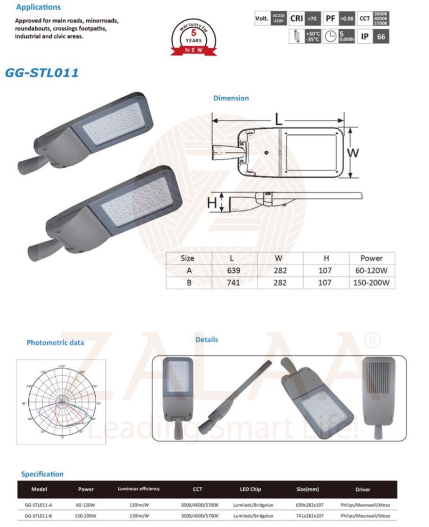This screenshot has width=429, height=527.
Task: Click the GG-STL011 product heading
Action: tap(42, 73)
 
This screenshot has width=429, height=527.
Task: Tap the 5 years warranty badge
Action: tap(193, 38)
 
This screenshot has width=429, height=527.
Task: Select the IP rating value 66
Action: tap(381, 37)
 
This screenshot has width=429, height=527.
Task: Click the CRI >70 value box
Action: tap(312, 19)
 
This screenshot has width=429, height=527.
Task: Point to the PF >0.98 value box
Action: tap(347, 19)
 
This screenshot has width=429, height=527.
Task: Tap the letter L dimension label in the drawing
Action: tap(278, 119)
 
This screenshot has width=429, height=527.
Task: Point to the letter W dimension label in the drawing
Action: tap(352, 153)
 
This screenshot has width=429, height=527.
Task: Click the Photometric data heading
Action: tap(55, 342)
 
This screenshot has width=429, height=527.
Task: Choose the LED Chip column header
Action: tap(252, 489)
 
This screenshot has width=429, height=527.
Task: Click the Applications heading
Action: tap(38, 7)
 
